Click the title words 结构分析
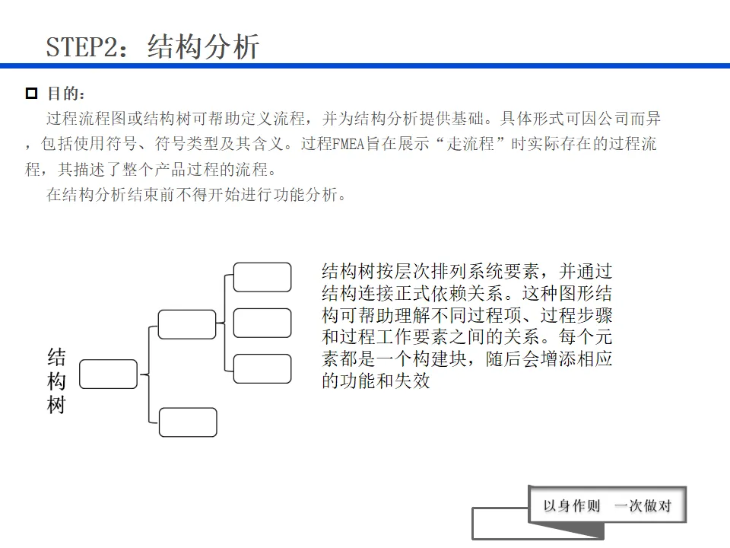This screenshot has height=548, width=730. click(x=203, y=46)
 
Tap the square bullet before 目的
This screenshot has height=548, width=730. click(x=31, y=94)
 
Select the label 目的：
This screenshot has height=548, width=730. click(x=67, y=94)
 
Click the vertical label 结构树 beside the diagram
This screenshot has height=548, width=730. click(x=56, y=381)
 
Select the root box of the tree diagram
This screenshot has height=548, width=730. click(x=108, y=374)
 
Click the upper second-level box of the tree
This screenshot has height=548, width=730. click(x=186, y=323)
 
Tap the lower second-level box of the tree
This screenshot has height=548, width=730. click(x=188, y=422)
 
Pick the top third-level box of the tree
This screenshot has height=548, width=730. click(x=262, y=277)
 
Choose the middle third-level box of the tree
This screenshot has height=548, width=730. click(x=262, y=323)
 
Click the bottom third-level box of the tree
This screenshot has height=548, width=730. click(x=262, y=368)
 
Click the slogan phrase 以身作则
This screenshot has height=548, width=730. click(x=572, y=506)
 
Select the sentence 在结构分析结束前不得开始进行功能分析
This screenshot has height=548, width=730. click(x=197, y=194)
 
